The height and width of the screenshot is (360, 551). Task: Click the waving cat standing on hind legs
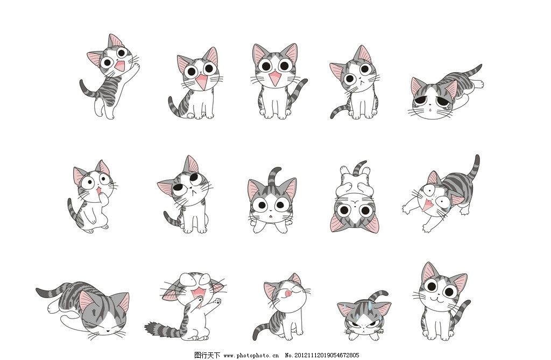pyautogui.click(x=110, y=75)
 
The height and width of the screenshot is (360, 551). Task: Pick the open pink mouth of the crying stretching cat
pyautogui.click(x=429, y=205)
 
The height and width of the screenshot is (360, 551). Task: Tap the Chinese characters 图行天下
pyautogui.click(x=207, y=355)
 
